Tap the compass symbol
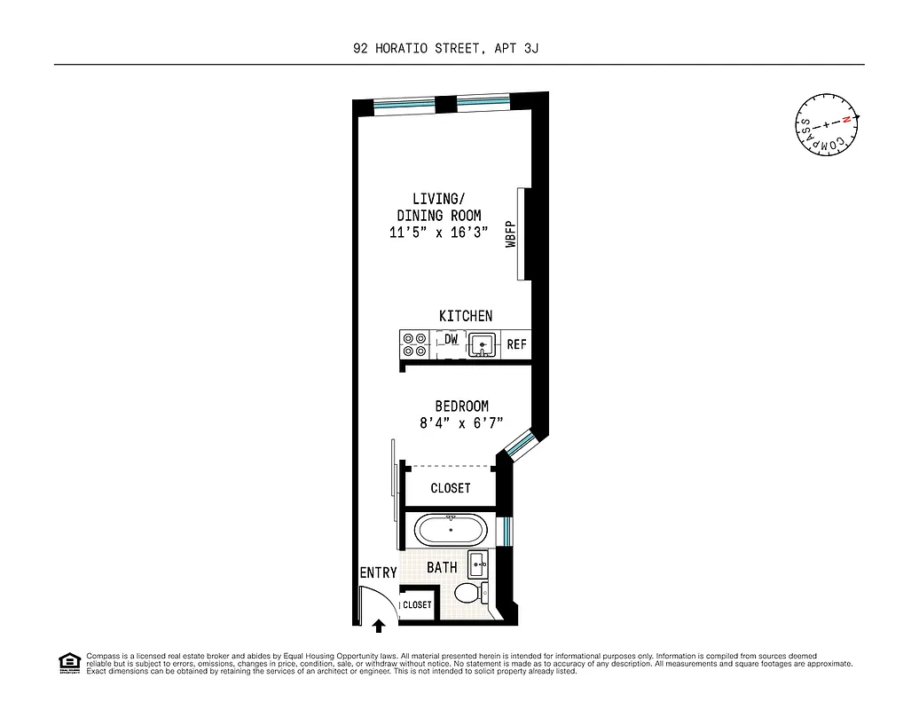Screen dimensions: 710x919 click(827, 125)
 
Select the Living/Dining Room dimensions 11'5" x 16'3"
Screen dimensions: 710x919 click(439, 233)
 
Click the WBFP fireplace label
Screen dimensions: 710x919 click(512, 234)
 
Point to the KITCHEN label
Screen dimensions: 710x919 click(466, 316)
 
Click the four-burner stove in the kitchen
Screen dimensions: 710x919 click(414, 344)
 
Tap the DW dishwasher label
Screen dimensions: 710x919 click(451, 340)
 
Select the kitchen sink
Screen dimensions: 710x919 click(483, 343)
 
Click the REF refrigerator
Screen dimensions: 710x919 click(516, 344)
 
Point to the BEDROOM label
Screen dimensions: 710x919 click(461, 406)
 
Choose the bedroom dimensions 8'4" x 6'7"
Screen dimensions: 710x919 click(461, 423)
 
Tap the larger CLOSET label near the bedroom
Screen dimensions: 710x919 click(450, 488)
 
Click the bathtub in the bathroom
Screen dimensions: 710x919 click(451, 532)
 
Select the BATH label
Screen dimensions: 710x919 click(442, 567)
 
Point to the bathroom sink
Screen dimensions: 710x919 click(479, 563)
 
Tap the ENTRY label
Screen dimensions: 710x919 click(378, 573)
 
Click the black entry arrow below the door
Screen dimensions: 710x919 click(379, 626)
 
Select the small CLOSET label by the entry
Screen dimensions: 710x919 click(417, 604)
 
